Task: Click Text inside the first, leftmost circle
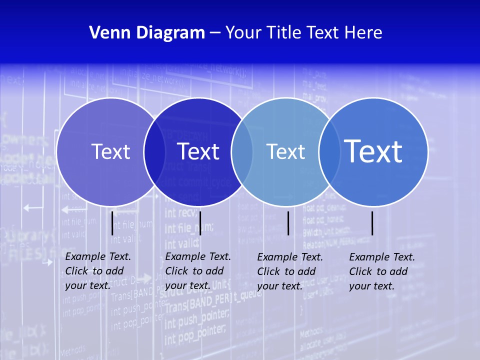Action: coord(110,151)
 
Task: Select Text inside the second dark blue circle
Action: coord(198,151)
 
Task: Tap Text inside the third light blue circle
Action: coord(285,151)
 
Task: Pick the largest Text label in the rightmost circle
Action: coord(373,151)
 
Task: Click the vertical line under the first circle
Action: coord(112,223)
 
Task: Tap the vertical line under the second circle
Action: coord(200,223)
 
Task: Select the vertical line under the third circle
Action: coord(288,223)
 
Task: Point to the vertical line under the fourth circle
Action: coord(372,223)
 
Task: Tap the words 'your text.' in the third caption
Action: coord(279,286)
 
